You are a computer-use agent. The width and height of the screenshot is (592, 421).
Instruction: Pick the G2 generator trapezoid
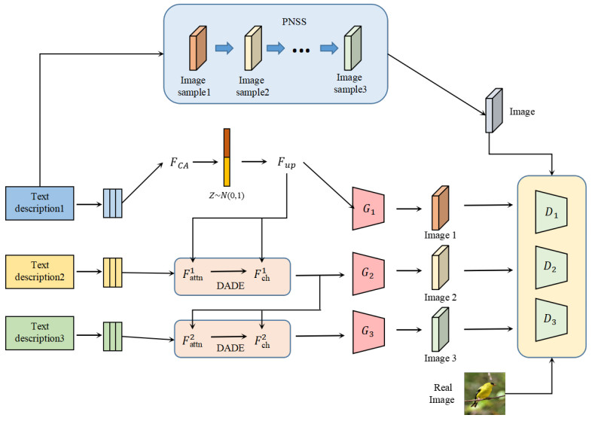[368, 273]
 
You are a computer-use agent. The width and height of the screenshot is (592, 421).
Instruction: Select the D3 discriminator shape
[551, 319]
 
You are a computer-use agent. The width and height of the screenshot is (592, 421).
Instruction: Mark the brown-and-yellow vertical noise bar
[227, 156]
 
